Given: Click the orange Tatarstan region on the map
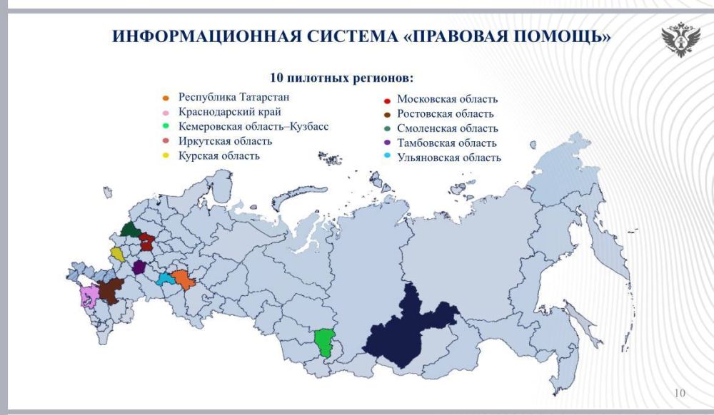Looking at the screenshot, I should pos(183,279).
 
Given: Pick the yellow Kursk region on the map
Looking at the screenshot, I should pos(118,255).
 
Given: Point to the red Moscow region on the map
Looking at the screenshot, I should pos(146,242).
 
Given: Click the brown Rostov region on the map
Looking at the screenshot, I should pos(109,290).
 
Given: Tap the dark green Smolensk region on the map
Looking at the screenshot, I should pos(130,230).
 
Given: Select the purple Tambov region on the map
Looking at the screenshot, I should pos(139,267).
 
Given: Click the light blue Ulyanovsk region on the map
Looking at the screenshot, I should pos(165,278).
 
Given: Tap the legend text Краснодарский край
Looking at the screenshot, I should pos(230,111).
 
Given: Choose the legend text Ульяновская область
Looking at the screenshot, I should pos(449,158).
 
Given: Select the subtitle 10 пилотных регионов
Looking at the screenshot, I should pos(342,76).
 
